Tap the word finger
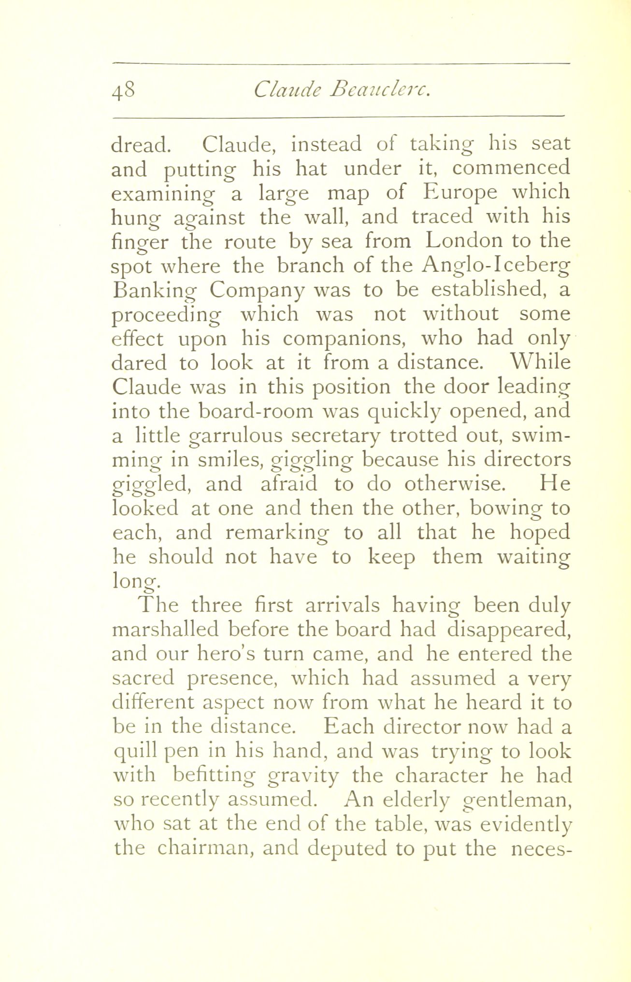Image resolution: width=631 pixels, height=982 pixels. click(x=140, y=243)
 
